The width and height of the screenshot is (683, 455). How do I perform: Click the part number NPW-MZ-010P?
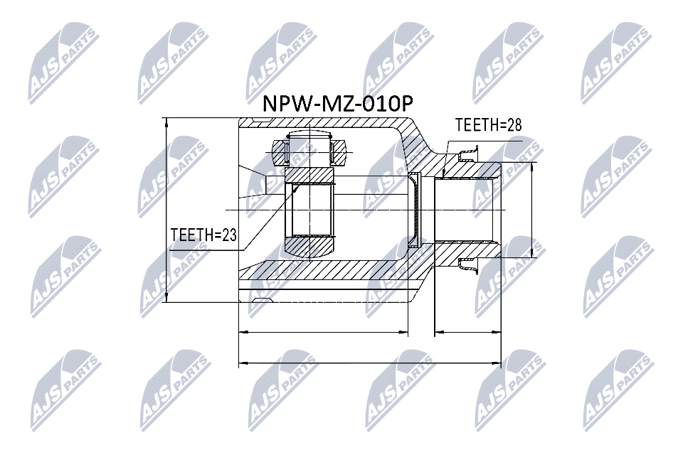coord(337,104)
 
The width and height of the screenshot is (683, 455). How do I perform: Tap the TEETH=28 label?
coord(488,125)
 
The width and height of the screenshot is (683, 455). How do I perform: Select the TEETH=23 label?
coord(203,235)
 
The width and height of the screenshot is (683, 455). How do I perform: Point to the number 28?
coord(514,125)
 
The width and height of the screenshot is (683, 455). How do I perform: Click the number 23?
coord(229,235)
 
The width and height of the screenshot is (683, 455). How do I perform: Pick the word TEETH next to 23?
coord(191,235)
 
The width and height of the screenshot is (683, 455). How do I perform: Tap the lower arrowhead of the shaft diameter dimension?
coord(532,252)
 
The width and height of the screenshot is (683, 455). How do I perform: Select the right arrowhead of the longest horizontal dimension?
coord(496,363)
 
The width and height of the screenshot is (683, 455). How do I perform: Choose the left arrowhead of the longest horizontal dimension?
coord(244,363)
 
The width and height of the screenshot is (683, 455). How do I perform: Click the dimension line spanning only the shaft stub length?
coord(468,332)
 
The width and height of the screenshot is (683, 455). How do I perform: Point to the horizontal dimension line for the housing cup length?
coord(324,332)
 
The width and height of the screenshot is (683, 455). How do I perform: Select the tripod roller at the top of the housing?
coord(309,151)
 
